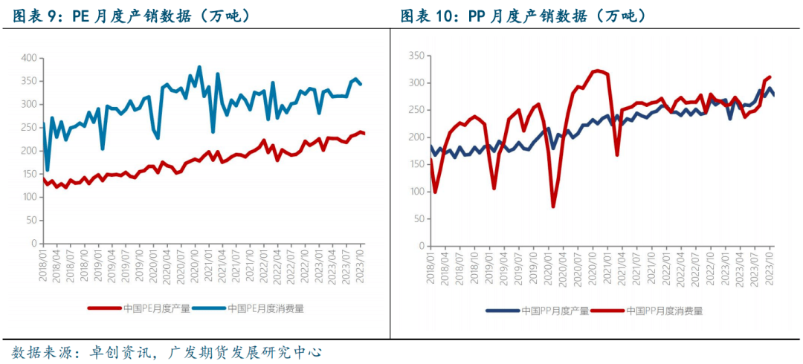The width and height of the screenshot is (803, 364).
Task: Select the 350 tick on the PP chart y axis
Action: coord(416,56)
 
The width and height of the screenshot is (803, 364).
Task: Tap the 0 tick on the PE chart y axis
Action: coord(33,244)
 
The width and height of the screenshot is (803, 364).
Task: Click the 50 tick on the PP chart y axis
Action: coord(419,219)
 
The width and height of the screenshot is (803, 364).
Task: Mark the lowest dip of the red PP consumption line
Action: coord(553,206)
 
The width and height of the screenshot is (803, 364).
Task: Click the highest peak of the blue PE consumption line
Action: coord(199,68)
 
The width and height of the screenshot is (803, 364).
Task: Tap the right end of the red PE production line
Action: coord(363,133)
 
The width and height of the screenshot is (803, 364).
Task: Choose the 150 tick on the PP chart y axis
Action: coord(416,165)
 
